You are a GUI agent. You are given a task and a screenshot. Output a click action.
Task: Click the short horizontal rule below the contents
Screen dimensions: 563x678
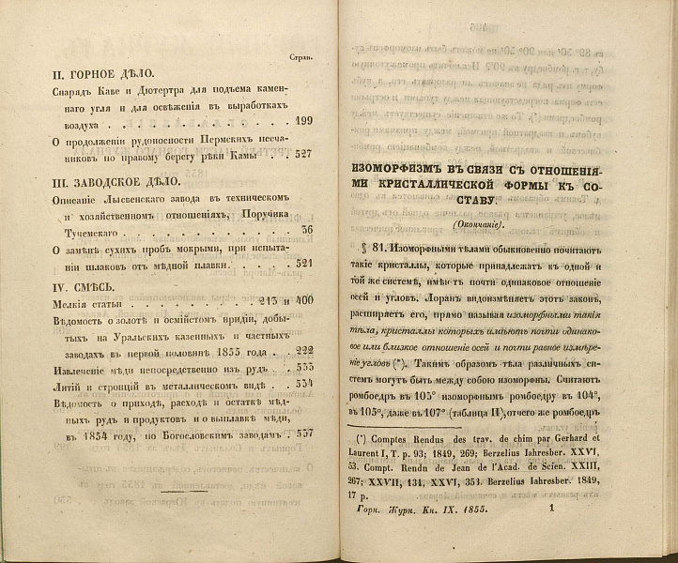(x=185, y=491)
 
